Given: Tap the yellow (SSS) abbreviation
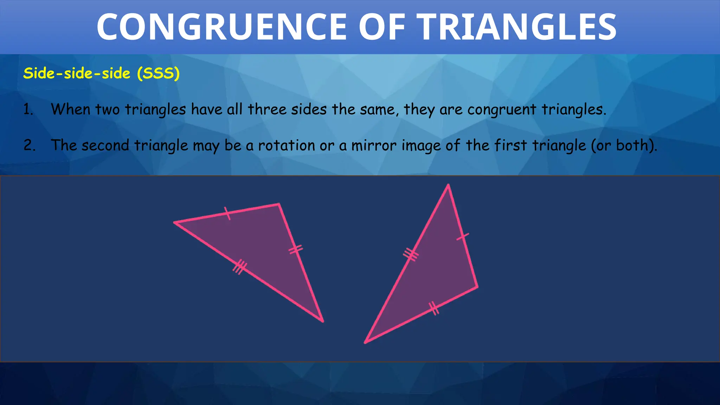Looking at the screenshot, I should click(158, 73).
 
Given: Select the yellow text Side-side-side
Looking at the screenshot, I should click(77, 73).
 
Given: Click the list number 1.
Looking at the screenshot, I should click(28, 110).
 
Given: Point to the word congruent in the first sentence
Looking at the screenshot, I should click(501, 110).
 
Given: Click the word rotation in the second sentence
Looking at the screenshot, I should click(287, 146).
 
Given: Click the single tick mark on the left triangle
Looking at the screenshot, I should click(227, 213).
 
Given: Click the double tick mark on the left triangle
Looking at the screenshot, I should click(296, 249).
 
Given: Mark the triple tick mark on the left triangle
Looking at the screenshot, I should click(240, 267).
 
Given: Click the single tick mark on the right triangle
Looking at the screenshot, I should click(463, 237).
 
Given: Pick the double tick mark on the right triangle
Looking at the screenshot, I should click(434, 308).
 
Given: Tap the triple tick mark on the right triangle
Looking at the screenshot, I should click(410, 254).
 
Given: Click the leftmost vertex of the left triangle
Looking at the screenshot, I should click(175, 222).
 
